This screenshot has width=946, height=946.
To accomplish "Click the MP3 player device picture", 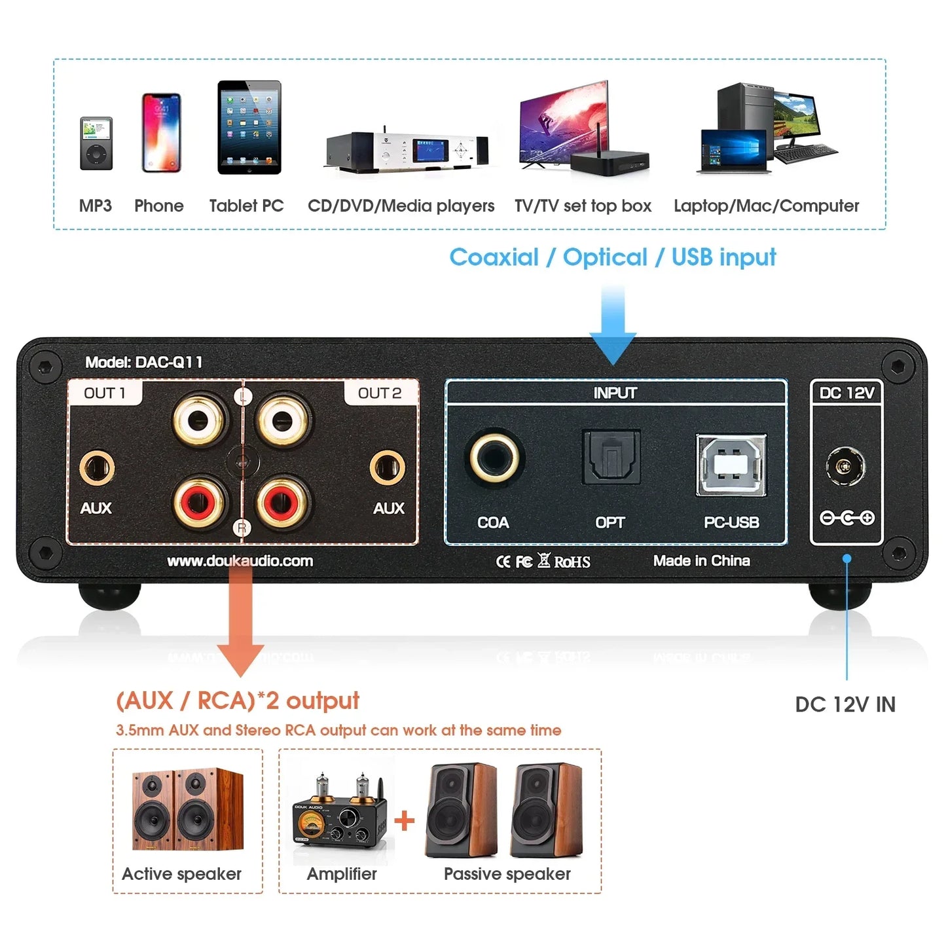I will (x=96, y=143).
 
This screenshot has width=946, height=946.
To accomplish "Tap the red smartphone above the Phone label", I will (x=161, y=133).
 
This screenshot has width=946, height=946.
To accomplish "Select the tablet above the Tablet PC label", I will (x=249, y=128).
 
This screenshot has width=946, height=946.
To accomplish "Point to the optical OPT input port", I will (x=611, y=457).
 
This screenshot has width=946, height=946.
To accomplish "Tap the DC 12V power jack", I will (x=845, y=467).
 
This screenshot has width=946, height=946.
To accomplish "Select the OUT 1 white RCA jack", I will (x=200, y=419).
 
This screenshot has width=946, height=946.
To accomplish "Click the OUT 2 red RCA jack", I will (x=283, y=503).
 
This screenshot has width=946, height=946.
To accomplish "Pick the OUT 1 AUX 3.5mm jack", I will (x=97, y=468).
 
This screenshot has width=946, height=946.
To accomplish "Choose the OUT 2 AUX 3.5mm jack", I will (x=387, y=468).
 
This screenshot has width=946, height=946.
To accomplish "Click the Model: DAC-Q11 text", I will (x=144, y=362).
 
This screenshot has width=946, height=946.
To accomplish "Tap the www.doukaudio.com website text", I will (x=240, y=561).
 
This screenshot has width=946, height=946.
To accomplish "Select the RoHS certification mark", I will (x=572, y=562).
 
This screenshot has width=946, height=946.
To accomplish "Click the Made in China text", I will (x=701, y=561).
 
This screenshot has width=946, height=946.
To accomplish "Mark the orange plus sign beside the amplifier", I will (x=405, y=820).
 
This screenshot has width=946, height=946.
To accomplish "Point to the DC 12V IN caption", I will (x=845, y=704).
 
